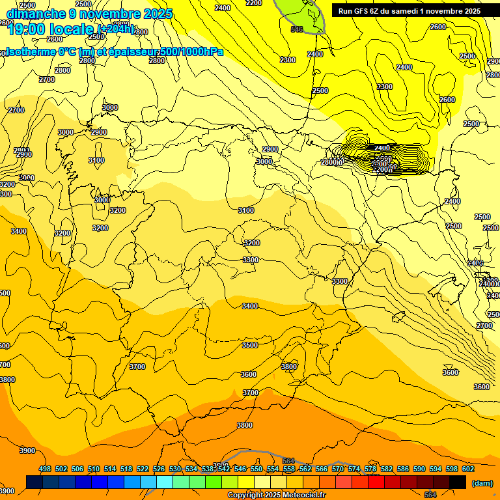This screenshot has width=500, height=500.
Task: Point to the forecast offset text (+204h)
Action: (x=115, y=29)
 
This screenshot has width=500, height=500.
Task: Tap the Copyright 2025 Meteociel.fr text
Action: (x=276, y=495)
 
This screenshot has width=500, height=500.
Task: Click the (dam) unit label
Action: (x=482, y=482)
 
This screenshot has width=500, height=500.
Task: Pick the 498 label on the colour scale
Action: (x=45, y=469)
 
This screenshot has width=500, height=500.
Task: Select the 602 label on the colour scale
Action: (x=468, y=469)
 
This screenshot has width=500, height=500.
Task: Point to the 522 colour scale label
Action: (x=143, y=469)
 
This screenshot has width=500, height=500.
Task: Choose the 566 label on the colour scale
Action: (x=322, y=469)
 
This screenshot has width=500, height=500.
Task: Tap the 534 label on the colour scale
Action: (x=191, y=469)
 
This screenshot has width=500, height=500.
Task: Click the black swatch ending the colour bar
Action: (x=458, y=482)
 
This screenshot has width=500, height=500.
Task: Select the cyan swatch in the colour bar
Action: (x=165, y=482)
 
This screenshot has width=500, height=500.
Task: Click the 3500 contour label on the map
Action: (x=250, y=345)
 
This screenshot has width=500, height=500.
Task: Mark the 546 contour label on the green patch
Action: (x=297, y=29)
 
